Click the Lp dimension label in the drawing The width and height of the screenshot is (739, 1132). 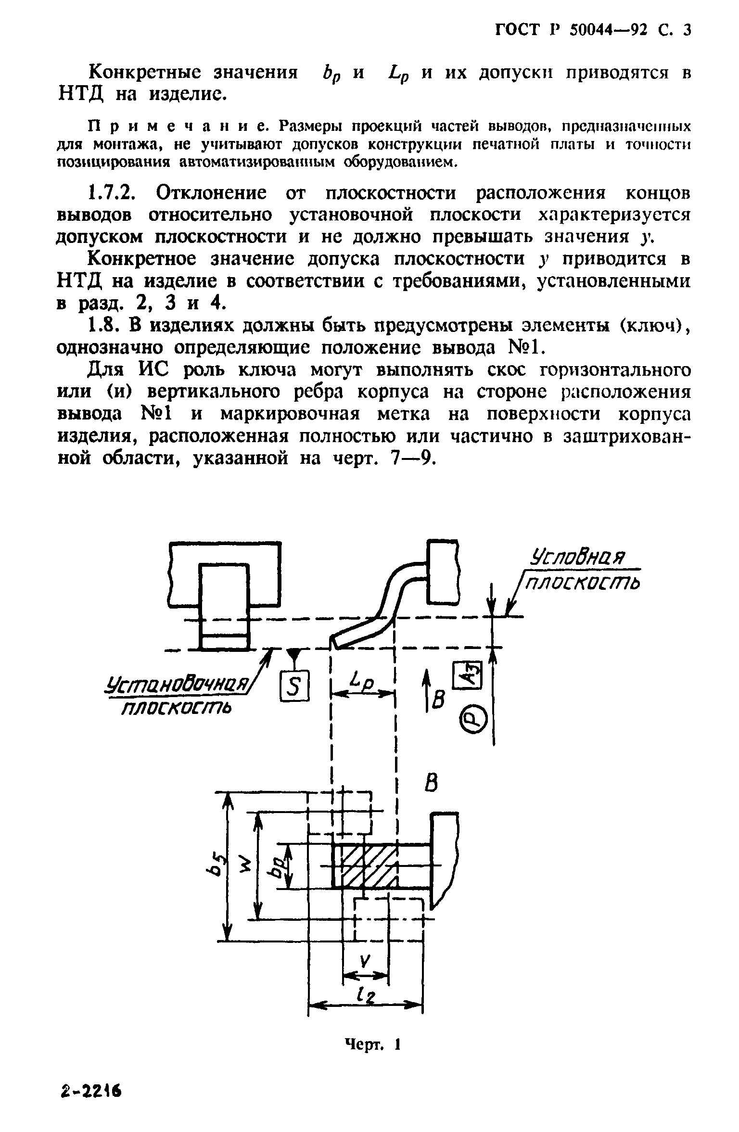tap(362, 680)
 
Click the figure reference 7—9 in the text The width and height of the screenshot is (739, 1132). tap(410, 458)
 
